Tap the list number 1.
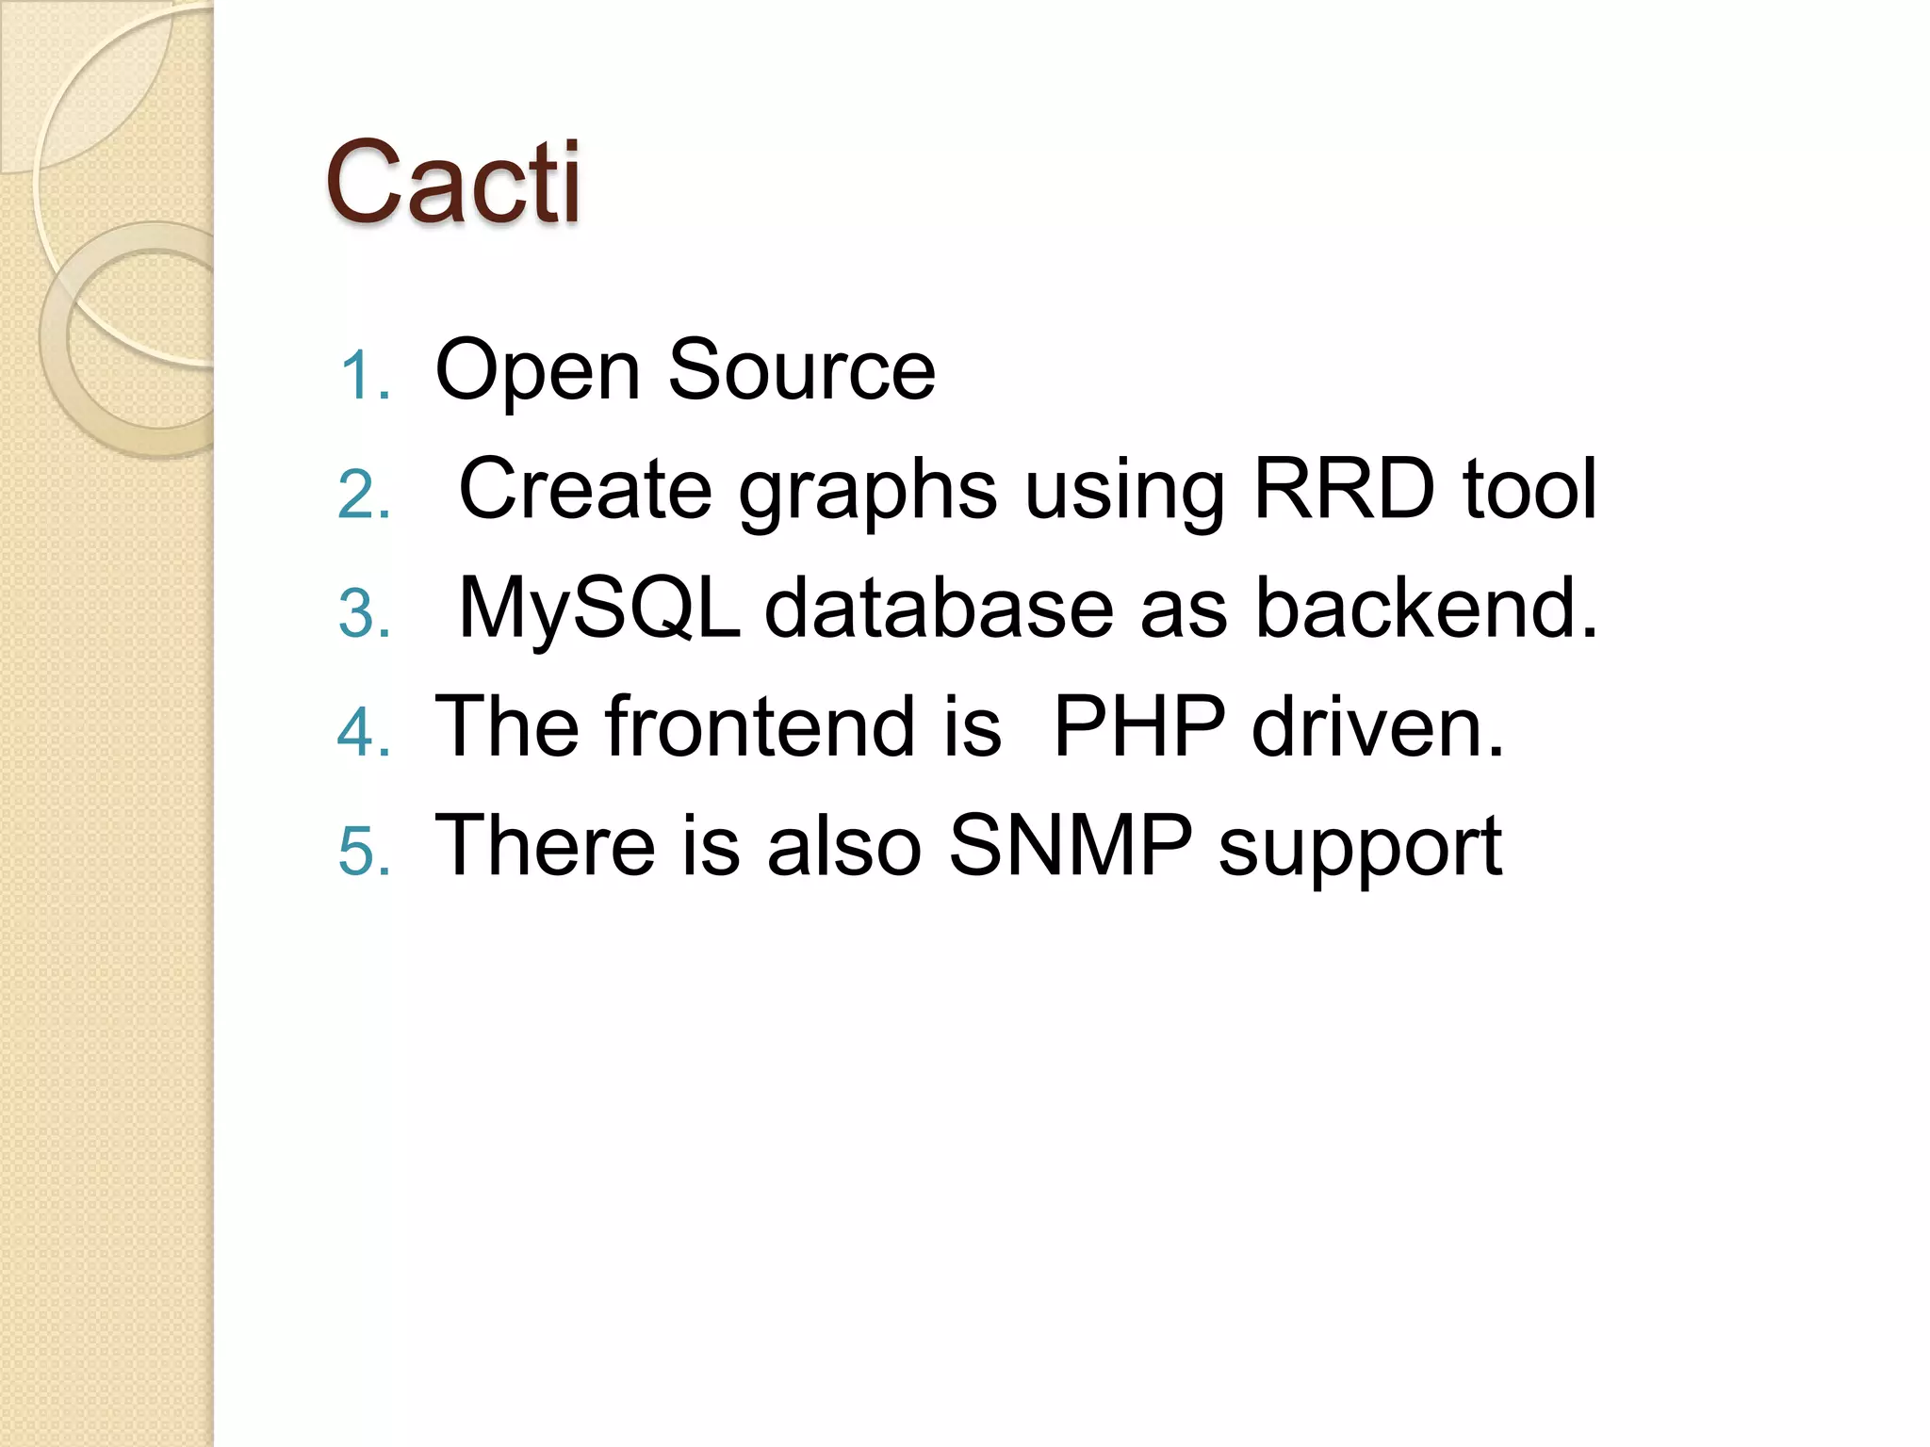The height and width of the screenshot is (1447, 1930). click(x=363, y=376)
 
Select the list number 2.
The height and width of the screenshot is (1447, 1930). click(x=363, y=495)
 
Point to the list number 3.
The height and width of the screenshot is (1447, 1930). click(x=363, y=613)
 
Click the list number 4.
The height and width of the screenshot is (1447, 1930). click(x=363, y=732)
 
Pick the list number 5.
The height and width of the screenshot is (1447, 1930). click(x=363, y=851)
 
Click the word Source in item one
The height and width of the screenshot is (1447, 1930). click(x=801, y=370)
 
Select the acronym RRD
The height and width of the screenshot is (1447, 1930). click(x=1344, y=489)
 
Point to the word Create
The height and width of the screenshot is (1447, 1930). click(x=584, y=489)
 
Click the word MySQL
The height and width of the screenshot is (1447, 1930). click(x=599, y=610)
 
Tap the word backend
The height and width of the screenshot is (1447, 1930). click(x=1426, y=608)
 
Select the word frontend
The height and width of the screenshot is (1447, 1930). click(x=760, y=726)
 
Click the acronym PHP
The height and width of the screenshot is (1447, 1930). click(x=1138, y=726)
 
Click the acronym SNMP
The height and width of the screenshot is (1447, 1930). click(x=1070, y=845)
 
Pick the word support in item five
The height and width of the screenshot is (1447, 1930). click(x=1360, y=851)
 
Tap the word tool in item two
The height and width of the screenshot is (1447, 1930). click(x=1529, y=489)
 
